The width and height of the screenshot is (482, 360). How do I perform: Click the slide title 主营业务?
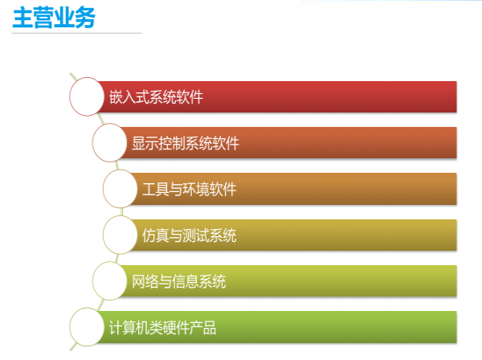coord(54,18)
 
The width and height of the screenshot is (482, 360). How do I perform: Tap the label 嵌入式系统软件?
coord(156,97)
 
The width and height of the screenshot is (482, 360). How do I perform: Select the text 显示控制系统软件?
coord(186,143)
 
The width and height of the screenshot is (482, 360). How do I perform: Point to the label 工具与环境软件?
coord(190,189)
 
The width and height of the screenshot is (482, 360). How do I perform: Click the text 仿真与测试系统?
coord(190,235)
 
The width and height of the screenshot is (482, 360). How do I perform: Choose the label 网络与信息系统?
coord(179,281)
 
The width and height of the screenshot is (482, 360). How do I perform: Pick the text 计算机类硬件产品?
coord(162,328)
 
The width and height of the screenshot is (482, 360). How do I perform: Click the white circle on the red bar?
coord(87,96)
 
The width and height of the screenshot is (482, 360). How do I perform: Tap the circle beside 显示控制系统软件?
coord(110,143)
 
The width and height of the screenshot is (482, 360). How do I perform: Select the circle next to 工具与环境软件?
coord(120,189)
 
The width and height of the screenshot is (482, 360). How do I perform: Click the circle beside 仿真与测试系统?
coord(120,235)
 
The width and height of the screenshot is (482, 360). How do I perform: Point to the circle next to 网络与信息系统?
coord(110,281)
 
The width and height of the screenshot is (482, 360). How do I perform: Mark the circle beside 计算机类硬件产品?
coord(87,327)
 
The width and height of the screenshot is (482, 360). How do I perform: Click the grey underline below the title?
coord(76,33)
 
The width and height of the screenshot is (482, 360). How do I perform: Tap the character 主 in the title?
coord(22,18)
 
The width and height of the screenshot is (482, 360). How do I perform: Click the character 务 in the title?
coord(85,18)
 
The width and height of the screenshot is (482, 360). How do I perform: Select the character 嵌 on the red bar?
coord(116,97)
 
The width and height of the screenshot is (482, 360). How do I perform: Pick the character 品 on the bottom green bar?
coord(210,328)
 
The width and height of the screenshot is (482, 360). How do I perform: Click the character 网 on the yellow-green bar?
coord(138,281)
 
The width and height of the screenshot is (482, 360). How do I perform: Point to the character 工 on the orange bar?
coord(149,189)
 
